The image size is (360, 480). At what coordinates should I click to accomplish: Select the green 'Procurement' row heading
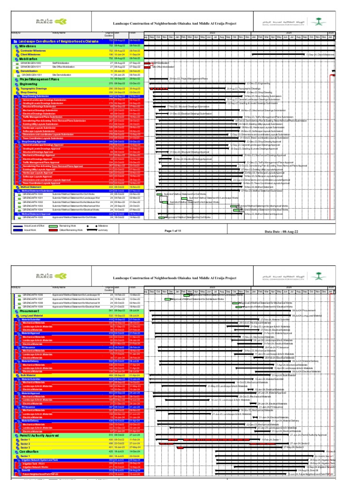pos(29,310)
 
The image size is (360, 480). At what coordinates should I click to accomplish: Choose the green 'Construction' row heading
pos(30,451)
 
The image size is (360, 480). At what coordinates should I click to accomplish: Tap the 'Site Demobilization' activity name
pos(61,75)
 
